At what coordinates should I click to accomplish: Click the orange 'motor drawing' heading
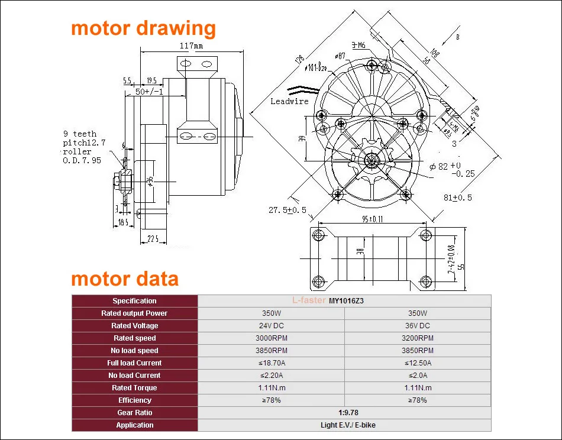143,28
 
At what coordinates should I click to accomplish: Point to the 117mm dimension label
190,46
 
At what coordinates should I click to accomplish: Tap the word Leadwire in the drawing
290,101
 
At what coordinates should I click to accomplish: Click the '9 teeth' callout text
80,134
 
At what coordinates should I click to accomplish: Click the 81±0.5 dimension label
457,198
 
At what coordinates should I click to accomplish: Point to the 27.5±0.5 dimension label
288,210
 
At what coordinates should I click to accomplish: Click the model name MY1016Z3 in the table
346,301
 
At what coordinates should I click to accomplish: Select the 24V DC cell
271,326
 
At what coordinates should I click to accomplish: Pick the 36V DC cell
417,326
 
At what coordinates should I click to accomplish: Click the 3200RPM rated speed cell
417,338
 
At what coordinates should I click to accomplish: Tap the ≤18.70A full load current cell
271,363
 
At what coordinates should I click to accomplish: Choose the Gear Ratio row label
134,413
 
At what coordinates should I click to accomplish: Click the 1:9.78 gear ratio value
344,413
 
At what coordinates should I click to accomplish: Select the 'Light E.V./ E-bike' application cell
344,425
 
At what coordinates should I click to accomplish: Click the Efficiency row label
134,400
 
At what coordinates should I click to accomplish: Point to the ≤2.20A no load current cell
271,376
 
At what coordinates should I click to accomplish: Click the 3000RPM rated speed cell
271,338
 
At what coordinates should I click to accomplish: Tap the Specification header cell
134,301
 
